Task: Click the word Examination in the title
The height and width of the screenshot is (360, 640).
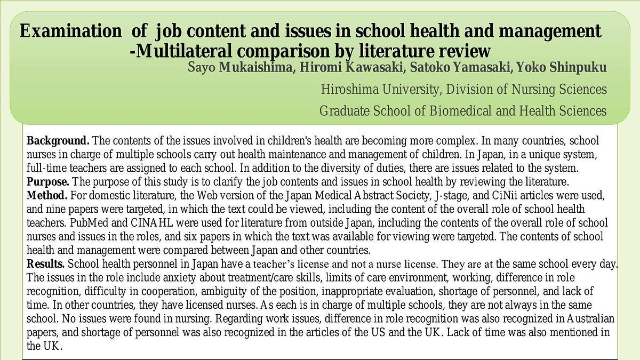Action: [x=70, y=31]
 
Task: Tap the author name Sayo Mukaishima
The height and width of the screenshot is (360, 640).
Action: [x=240, y=68]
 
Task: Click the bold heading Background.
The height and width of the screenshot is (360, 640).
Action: [x=58, y=141]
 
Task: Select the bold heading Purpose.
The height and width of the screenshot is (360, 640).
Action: [x=48, y=182]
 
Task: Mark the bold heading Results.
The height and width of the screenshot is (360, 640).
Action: [x=46, y=264]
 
